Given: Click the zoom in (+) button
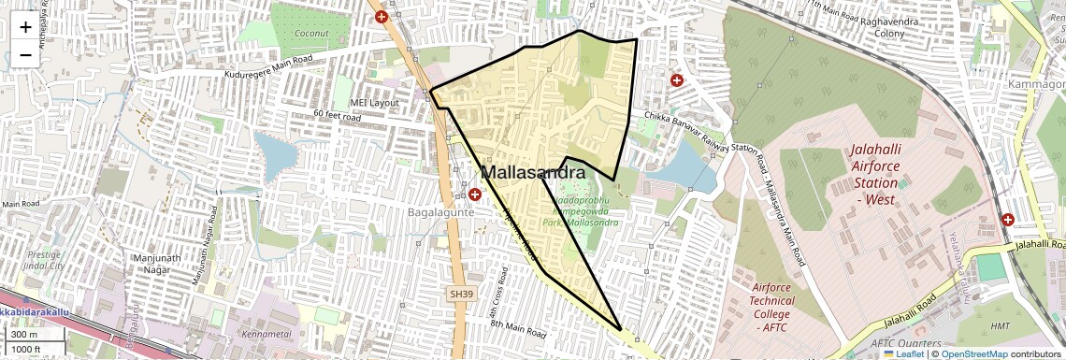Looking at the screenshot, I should point(25,28).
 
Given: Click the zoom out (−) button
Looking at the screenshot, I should point(25,55).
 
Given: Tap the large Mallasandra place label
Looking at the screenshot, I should point(533,173).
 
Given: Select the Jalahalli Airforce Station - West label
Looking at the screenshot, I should point(875,175).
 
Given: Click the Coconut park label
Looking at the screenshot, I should point(310,34).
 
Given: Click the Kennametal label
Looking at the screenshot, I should point(266,333).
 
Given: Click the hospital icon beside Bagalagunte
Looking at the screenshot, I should point(475,194).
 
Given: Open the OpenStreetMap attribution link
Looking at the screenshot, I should point(973,354).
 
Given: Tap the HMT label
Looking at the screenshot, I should point(1000,325).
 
